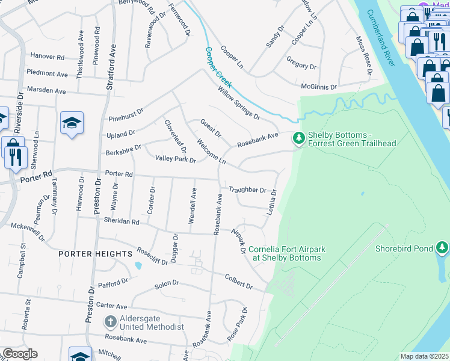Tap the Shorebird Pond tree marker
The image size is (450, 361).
pos(442,248)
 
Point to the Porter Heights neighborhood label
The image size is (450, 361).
pos(95,254)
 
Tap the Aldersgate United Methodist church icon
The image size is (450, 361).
pos(110,322)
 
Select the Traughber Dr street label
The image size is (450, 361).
pos(247,190)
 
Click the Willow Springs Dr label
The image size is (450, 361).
pos(239,102)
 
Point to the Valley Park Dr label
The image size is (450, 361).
pos(176,159)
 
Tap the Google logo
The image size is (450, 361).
pos(19,354)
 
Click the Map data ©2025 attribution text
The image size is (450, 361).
pos(424,356)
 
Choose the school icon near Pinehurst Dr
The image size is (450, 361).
pos(72,123)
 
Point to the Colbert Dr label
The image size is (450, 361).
pos(239,282)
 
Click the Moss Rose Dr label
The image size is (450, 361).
pos(364,56)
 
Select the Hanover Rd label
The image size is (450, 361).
pos(47,57)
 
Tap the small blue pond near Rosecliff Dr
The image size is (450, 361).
pos(139,265)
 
